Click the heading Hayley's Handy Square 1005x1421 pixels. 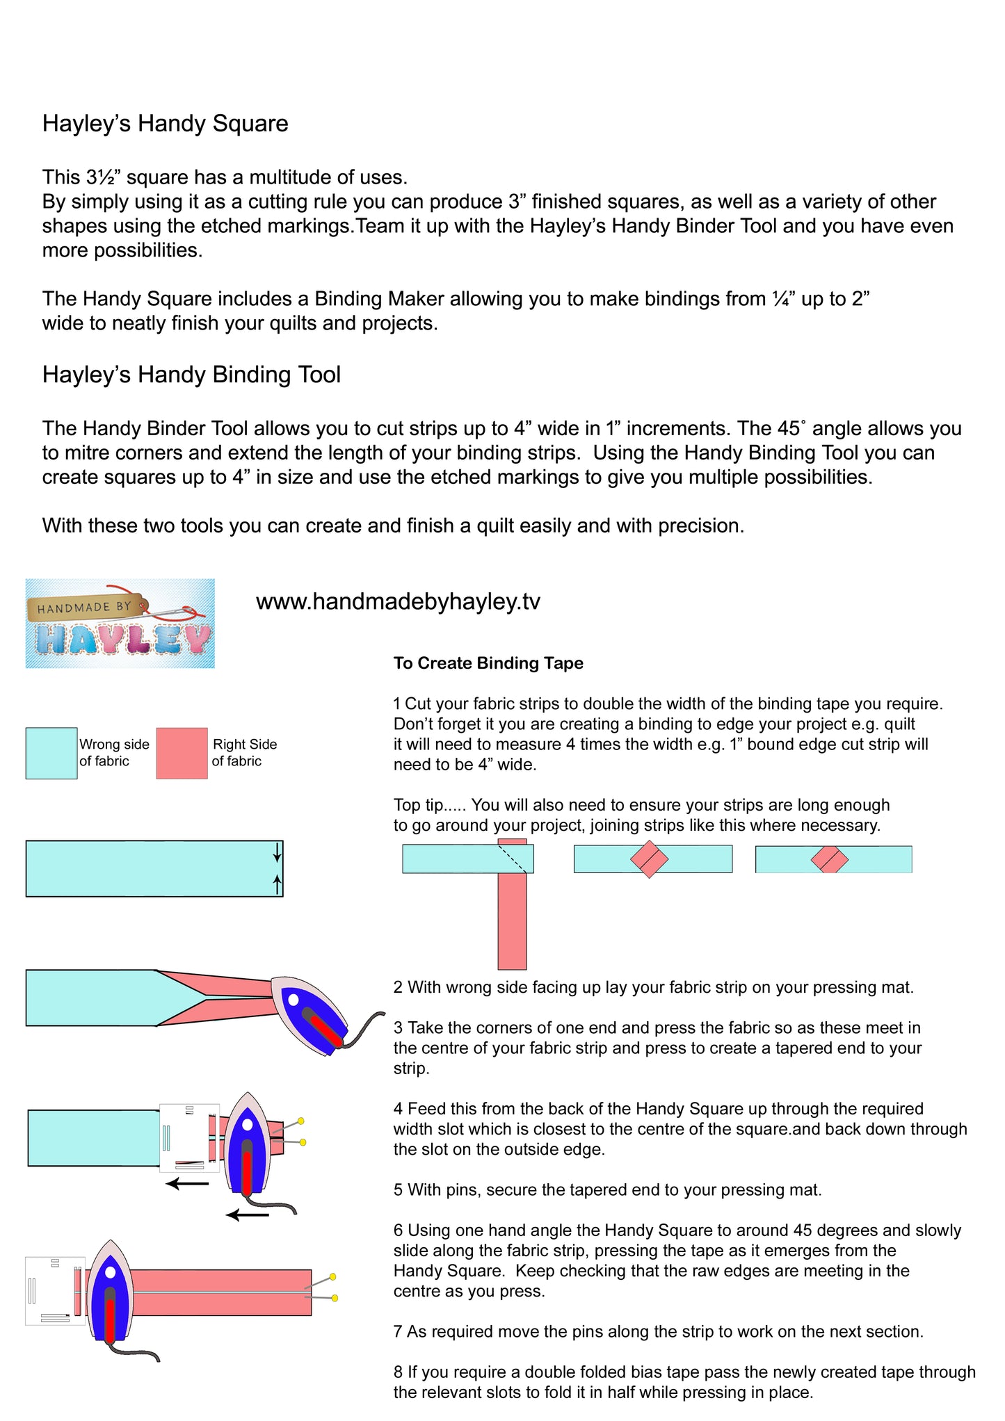pyautogui.click(x=165, y=124)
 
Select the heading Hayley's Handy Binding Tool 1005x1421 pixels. pyautogui.click(x=191, y=375)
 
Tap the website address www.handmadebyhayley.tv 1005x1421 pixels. pyautogui.click(x=398, y=601)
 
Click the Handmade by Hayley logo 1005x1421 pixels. pyautogui.click(x=120, y=624)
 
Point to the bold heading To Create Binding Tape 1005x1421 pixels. pyautogui.click(x=488, y=663)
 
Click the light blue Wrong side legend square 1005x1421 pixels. pyautogui.click(x=51, y=753)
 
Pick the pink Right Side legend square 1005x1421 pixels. pyautogui.click(x=182, y=753)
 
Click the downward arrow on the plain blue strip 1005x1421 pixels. pyautogui.click(x=278, y=852)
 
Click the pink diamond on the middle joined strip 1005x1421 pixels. pyautogui.click(x=649, y=859)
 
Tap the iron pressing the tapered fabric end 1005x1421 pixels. pyautogui.click(x=309, y=1015)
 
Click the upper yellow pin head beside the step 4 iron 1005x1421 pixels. pyautogui.click(x=300, y=1121)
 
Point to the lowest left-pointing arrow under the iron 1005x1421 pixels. pyautogui.click(x=248, y=1215)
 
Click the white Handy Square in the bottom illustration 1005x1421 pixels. pyautogui.click(x=54, y=1290)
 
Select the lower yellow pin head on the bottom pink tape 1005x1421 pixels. pyautogui.click(x=335, y=1298)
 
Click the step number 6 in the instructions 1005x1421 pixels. pyautogui.click(x=398, y=1231)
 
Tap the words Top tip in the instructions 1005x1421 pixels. pyautogui.click(x=419, y=805)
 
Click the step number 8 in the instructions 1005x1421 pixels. pyautogui.click(x=398, y=1372)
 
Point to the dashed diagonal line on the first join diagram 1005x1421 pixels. pyautogui.click(x=513, y=859)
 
